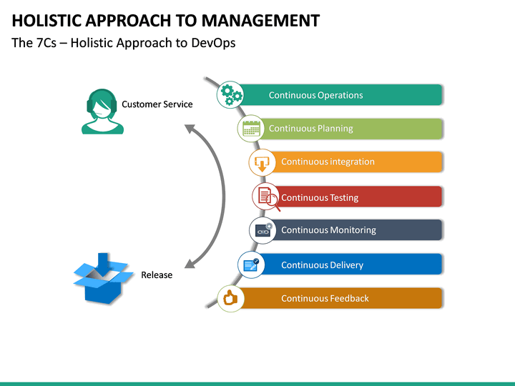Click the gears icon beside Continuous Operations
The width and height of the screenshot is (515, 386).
click(230, 94)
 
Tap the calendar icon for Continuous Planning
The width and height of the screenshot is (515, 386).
click(251, 129)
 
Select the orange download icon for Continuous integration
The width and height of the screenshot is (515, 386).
click(263, 162)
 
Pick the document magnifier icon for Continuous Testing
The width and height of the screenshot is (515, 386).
click(266, 197)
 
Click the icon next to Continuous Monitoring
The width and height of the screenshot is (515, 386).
click(263, 230)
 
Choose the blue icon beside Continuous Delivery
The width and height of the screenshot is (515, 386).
click(251, 264)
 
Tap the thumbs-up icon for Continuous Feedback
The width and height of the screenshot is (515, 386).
click(230, 298)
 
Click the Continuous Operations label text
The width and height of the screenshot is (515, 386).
click(315, 95)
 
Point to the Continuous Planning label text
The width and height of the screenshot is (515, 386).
click(310, 129)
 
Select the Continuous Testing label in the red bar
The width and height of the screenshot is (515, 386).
click(320, 197)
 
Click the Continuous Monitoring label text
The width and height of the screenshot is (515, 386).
click(328, 230)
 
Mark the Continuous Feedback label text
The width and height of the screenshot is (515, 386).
click(325, 298)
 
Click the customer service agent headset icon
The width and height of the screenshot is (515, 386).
click(102, 112)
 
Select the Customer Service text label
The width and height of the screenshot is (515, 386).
click(157, 104)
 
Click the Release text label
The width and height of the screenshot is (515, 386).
click(157, 275)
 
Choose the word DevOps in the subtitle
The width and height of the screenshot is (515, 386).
click(213, 43)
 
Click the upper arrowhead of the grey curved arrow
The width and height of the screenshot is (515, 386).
click(190, 129)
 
